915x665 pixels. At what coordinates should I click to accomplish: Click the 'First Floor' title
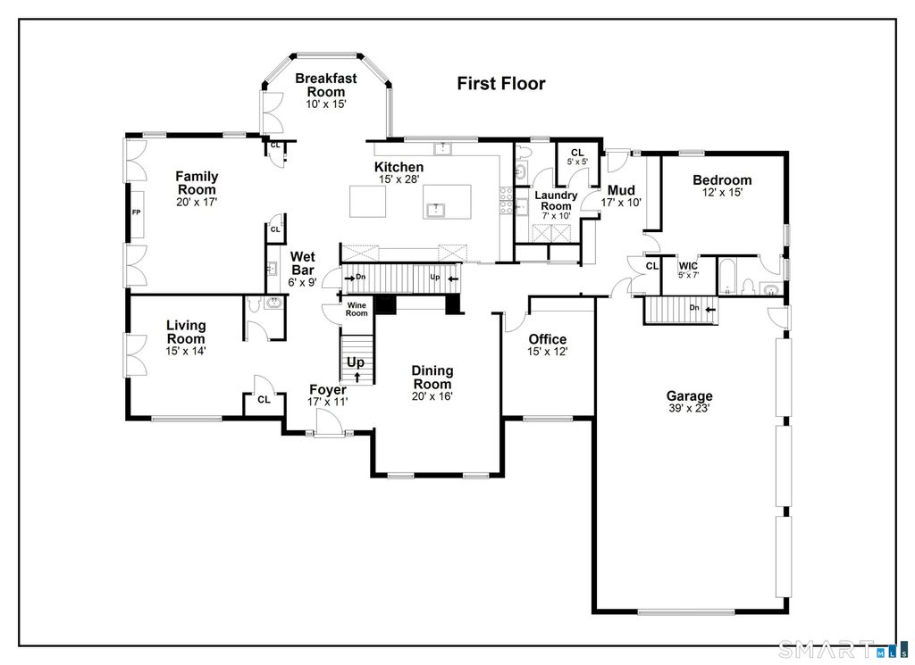[x=500, y=84]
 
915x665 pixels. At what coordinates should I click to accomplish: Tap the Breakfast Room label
[x=326, y=85]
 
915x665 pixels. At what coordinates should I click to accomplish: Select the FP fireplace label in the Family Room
[x=136, y=212]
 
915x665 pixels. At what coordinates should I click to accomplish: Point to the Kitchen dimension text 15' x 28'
[x=399, y=179]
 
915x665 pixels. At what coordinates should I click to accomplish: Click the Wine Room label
[x=357, y=309]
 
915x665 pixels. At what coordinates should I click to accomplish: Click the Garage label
[x=689, y=395]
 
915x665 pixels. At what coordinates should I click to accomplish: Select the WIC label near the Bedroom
[x=688, y=266]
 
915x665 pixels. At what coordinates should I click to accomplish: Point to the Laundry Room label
[x=556, y=201]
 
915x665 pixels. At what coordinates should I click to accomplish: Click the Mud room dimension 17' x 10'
[x=622, y=203]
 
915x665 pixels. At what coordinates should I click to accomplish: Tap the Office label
[x=548, y=339]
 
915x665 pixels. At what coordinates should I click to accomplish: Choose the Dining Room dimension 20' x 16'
[x=432, y=397]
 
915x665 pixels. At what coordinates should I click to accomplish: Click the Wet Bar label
[x=303, y=263]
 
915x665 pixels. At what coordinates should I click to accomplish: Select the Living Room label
[x=186, y=332]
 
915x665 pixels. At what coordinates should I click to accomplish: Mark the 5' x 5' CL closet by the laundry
[x=577, y=162]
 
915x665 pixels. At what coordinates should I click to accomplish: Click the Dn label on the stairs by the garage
[x=693, y=308]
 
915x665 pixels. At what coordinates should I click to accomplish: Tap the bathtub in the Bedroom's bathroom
[x=726, y=276]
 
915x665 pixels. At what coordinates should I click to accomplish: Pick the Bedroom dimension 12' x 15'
[x=722, y=192]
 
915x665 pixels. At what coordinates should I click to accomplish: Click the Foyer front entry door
[x=329, y=420]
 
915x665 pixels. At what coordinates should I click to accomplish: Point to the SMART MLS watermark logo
[x=844, y=649]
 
